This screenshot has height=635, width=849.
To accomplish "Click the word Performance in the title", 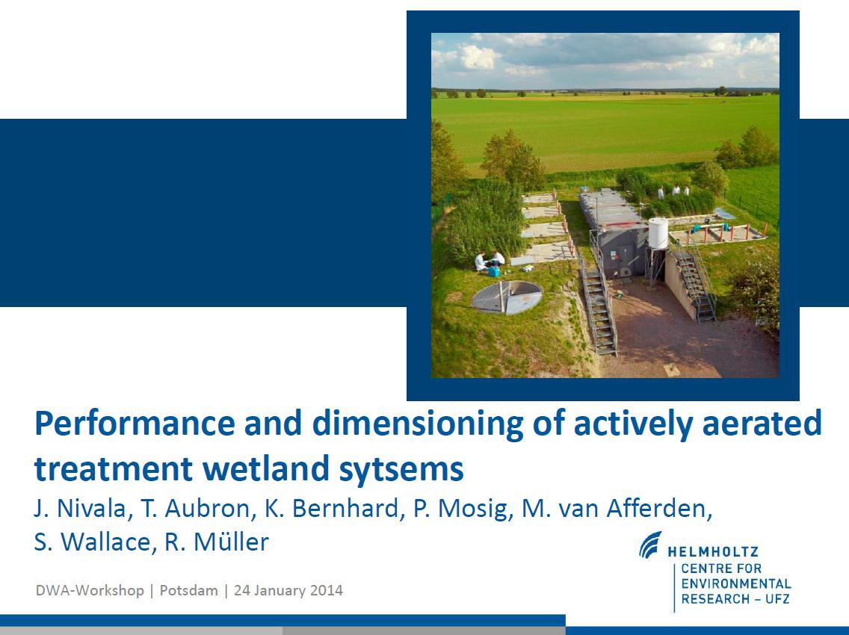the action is point(135,424).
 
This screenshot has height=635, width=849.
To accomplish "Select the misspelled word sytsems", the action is point(401,470).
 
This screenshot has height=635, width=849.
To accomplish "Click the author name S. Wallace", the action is point(91,542).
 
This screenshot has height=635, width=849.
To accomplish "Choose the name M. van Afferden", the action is point(616,508).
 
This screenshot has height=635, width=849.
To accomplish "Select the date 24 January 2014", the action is point(288,590).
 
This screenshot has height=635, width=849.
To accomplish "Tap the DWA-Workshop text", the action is point(90,590).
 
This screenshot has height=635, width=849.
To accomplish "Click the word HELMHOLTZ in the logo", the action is point(713,552).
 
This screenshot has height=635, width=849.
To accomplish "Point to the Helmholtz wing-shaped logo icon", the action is point(650,545).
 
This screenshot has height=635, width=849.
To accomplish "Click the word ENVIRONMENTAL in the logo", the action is point(736,584).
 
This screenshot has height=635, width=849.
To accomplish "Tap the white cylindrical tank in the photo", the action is point(658,233).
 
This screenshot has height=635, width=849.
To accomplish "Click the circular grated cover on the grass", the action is point(507,297).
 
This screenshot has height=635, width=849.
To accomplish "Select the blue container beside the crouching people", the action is point(494,270).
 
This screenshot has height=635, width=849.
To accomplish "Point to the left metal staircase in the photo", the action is point(599,309).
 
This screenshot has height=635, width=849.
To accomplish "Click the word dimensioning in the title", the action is point(418,424).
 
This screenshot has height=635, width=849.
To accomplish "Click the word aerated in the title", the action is point(762,424).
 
